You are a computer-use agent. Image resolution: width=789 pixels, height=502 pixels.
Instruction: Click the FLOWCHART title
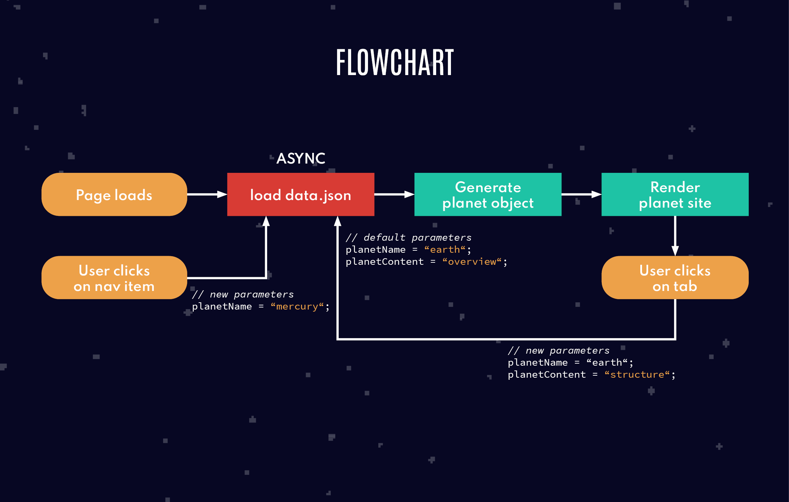[395, 62]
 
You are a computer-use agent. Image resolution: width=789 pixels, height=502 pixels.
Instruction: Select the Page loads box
[114, 195]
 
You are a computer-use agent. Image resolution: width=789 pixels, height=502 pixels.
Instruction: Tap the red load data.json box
[301, 195]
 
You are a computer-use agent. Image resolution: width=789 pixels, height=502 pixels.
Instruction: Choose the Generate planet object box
[488, 195]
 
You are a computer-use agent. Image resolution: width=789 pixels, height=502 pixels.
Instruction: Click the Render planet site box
[675, 195]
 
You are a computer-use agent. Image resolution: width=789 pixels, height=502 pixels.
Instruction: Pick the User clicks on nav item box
[114, 278]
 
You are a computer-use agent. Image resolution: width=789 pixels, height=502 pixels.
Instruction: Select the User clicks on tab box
[675, 278]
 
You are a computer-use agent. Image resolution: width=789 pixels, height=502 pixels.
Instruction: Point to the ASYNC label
[301, 158]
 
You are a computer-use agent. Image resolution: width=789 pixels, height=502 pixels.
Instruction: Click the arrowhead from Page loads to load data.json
[222, 195]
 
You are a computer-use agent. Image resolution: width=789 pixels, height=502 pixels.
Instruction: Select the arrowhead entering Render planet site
[596, 195]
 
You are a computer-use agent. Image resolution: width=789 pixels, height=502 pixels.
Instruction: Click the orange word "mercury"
[297, 306]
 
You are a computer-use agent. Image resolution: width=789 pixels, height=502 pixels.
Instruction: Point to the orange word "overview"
[472, 262]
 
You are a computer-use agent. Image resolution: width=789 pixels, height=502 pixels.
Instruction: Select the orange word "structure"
[637, 375]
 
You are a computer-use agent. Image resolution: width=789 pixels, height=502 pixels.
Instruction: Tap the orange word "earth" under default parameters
[445, 250]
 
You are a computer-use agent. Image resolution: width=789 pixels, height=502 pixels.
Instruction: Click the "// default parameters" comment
[409, 238]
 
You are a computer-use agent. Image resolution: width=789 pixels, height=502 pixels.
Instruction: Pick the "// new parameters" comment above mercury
[243, 294]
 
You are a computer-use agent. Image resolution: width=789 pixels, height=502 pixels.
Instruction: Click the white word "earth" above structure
[607, 363]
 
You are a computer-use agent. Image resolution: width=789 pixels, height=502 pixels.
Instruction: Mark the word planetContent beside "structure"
[547, 375]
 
